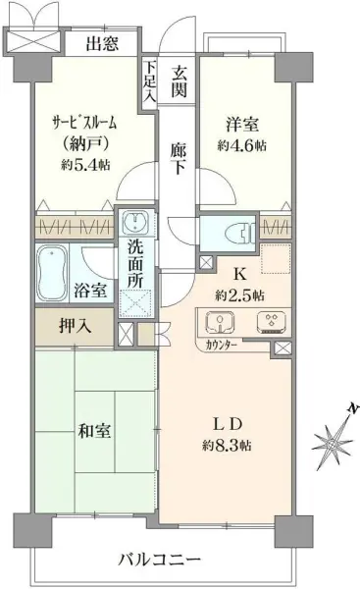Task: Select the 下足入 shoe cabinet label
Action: pos(149,82)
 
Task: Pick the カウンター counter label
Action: pos(224,346)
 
